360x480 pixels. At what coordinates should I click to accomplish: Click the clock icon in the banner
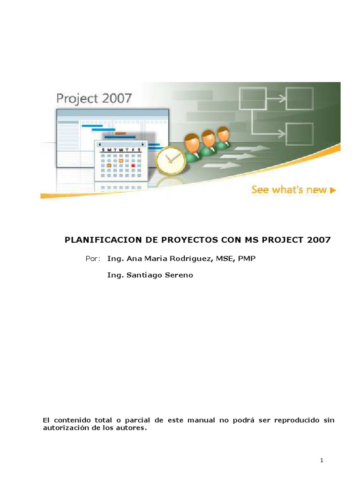click(171, 161)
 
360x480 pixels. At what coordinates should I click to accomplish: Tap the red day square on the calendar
click(133, 165)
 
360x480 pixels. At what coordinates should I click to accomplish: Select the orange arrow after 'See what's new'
click(333, 190)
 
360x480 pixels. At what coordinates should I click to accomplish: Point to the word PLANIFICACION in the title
click(97, 240)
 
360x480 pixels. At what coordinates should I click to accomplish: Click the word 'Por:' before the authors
click(93, 258)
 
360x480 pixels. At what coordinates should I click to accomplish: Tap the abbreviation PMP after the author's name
click(247, 258)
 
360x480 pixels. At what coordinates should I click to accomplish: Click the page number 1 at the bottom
click(322, 461)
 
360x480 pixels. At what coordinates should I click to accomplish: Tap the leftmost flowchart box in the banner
click(253, 99)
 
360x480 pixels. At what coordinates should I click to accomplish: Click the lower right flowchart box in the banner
click(300, 134)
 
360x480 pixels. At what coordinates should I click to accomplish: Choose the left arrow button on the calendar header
click(99, 144)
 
